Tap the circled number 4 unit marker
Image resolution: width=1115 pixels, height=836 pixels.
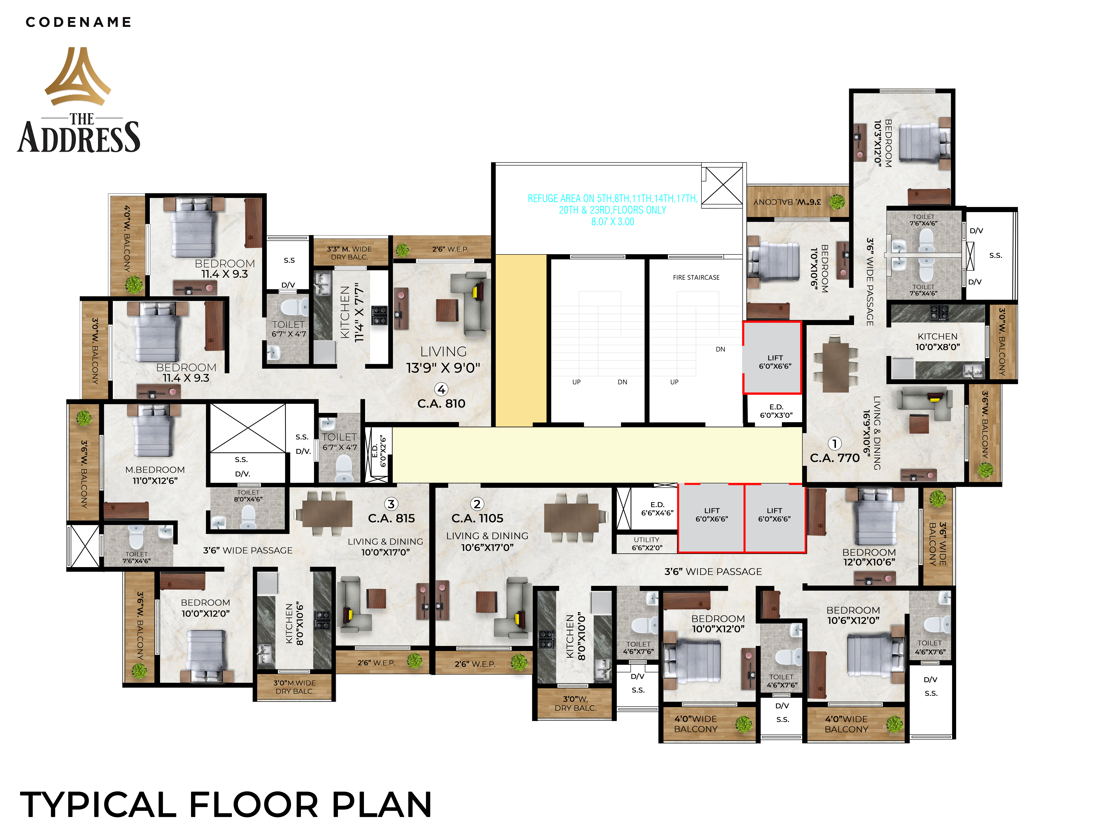[x=442, y=389]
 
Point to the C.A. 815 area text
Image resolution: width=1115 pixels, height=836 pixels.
[x=392, y=518]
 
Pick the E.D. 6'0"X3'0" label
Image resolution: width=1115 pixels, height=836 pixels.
[x=776, y=411]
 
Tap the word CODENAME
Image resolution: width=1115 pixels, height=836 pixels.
[x=79, y=22]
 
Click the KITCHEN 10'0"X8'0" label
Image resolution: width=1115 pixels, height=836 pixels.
[x=938, y=341]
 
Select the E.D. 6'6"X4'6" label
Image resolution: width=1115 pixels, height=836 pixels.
[x=657, y=509]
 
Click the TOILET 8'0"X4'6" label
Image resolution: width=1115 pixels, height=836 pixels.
[x=248, y=496]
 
